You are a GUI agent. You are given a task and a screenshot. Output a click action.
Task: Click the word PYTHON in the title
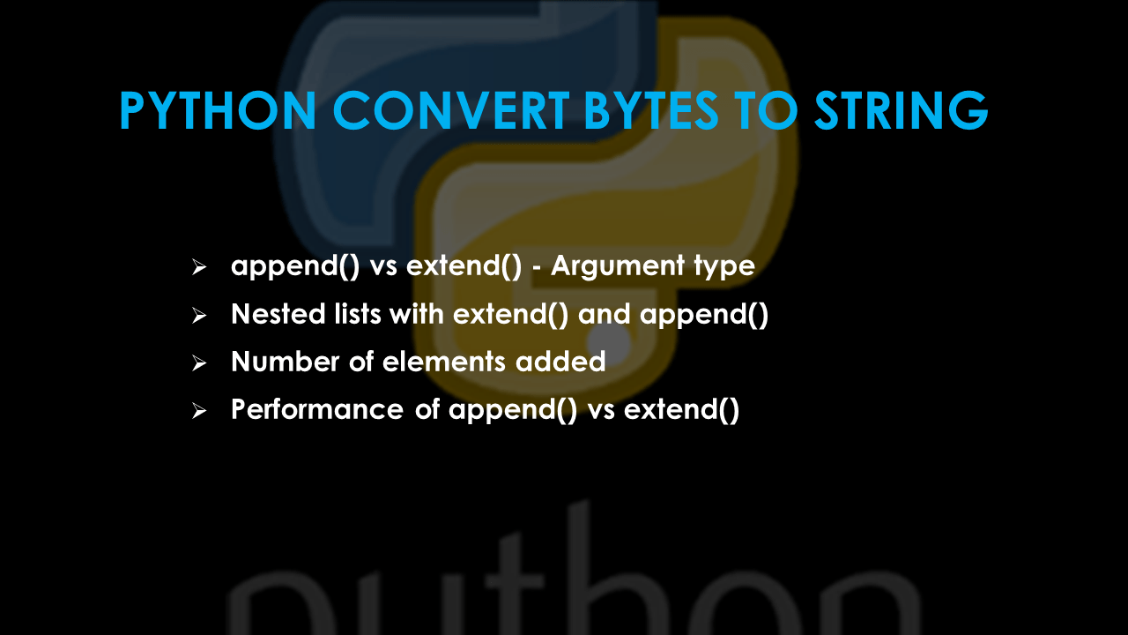218,112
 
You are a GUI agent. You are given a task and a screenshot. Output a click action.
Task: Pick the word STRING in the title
901,112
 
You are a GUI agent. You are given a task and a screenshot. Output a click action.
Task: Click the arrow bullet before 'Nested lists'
198,315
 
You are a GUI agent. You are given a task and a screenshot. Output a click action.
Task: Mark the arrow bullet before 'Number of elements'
198,362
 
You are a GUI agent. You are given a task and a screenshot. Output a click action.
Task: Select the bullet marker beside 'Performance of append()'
198,410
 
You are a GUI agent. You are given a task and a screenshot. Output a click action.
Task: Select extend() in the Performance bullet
681,409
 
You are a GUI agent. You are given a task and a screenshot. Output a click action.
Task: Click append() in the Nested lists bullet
704,314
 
